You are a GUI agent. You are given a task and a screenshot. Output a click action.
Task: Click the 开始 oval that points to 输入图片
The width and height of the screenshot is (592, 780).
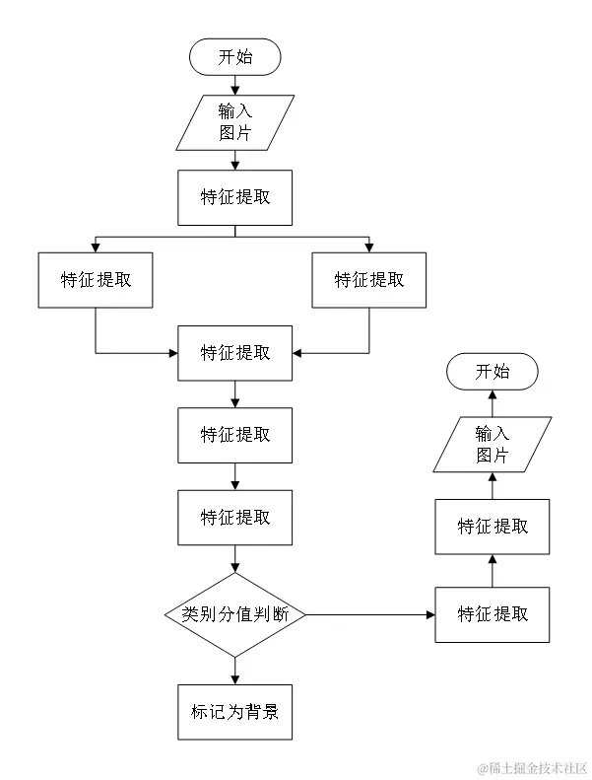234,56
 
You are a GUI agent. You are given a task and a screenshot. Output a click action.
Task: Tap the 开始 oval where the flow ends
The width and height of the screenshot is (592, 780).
493,371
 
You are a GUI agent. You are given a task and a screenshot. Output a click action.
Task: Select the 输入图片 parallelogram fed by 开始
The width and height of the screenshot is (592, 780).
234,122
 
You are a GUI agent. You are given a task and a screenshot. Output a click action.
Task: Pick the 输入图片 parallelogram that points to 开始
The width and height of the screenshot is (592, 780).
493,444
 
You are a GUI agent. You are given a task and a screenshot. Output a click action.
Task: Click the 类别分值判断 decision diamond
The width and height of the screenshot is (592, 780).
234,614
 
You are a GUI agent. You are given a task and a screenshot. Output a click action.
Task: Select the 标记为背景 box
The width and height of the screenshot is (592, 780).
234,710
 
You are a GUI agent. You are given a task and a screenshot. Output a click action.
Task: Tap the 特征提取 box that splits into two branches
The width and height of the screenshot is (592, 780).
234,197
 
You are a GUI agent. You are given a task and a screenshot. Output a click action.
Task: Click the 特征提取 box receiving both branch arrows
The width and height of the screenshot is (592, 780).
234,352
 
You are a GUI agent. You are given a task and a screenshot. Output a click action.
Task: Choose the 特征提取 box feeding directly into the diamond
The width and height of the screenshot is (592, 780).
234,517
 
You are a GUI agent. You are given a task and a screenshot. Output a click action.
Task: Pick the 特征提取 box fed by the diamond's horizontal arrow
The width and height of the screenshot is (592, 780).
493,614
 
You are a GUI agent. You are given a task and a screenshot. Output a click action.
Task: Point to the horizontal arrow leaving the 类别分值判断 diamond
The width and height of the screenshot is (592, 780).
369,614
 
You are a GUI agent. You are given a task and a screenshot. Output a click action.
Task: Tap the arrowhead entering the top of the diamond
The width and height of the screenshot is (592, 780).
234,567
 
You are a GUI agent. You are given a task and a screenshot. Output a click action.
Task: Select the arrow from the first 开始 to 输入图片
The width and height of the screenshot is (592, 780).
234,85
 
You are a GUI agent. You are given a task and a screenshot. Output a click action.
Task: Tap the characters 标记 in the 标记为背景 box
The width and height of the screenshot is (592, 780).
207,710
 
